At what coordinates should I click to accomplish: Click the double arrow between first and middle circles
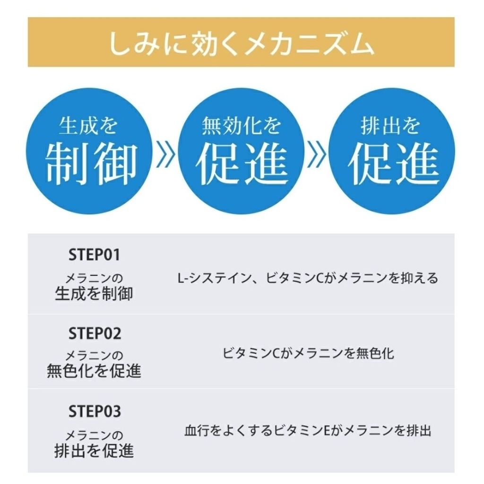pos(165,154)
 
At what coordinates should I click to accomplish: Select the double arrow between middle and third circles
pos(316,154)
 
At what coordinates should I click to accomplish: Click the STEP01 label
pos(94,255)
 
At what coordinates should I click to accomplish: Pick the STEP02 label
pos(95,333)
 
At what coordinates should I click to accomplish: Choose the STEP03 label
pos(95,411)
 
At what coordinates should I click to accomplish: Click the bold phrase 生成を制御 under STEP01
pos(94,293)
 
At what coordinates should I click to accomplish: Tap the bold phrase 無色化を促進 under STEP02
pos(94,371)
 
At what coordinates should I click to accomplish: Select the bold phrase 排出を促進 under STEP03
pos(94,450)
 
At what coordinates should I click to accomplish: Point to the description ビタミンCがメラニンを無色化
pos(308,354)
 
